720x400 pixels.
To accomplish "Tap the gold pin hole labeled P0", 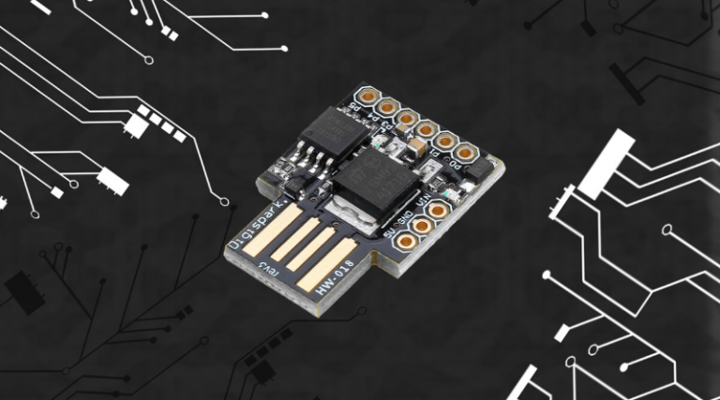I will pos(466,152).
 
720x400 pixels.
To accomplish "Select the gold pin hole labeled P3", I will pos(406,119).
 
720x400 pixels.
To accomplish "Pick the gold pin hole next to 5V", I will pos(406,241).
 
